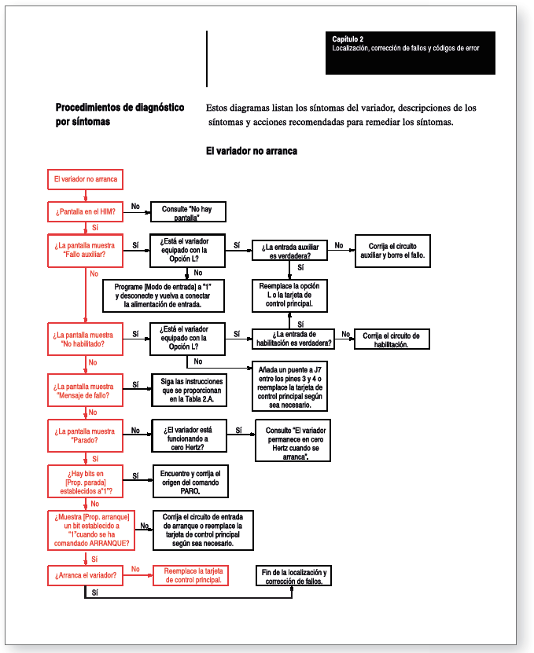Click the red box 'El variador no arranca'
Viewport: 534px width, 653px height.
[86, 179]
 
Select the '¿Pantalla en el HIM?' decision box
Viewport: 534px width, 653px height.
[86, 211]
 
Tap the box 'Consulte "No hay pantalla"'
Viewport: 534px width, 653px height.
[187, 213]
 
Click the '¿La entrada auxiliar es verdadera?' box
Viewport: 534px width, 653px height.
[290, 251]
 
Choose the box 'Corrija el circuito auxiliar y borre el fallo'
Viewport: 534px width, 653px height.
[392, 250]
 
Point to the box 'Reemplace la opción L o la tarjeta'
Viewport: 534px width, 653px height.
[290, 295]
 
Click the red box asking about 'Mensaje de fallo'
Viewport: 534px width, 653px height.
[86, 391]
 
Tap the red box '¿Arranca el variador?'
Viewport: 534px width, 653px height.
[86, 576]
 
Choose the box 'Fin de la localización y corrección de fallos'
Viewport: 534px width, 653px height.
[293, 576]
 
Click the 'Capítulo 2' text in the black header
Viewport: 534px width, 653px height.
[348, 39]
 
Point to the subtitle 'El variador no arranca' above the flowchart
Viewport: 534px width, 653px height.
[252, 150]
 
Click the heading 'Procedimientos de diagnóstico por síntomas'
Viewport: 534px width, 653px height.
[120, 115]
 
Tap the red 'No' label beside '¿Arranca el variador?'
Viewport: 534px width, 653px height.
[135, 568]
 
